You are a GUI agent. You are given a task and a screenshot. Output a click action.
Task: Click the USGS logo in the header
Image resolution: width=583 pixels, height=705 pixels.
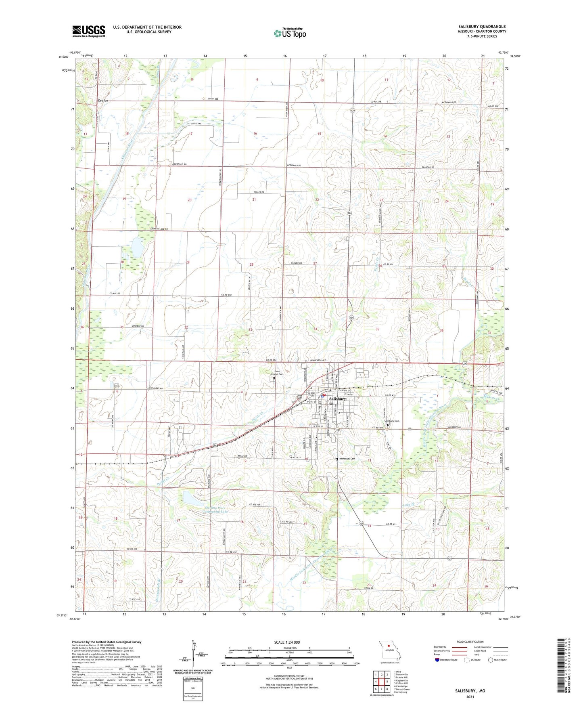tap(89, 31)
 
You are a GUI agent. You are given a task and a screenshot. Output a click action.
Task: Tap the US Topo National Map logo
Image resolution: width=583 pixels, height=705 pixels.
tap(289, 33)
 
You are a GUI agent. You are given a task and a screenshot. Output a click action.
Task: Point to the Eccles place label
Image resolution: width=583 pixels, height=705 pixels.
tap(102, 100)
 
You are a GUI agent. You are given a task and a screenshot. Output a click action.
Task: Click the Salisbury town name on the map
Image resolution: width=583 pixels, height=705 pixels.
tap(338, 399)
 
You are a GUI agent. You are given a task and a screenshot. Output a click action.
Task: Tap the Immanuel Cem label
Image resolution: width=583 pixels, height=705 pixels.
tap(347, 459)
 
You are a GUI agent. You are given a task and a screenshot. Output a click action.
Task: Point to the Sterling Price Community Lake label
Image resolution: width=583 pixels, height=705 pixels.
tap(215, 510)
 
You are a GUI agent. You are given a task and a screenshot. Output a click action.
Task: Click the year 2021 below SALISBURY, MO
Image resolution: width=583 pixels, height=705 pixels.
tap(470, 697)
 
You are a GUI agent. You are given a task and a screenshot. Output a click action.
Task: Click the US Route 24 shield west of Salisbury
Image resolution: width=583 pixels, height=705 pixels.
tap(300, 397)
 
